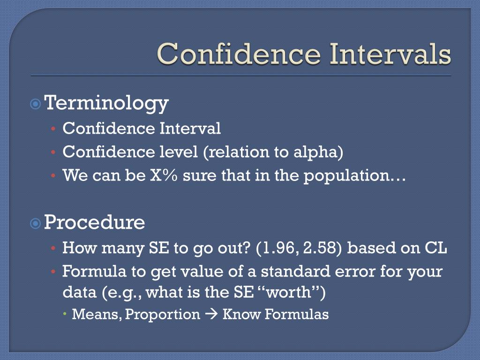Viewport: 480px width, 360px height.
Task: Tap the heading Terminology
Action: coord(106,103)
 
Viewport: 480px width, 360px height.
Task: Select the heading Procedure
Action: coord(95,222)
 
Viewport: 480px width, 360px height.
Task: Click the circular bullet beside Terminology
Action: coord(36,104)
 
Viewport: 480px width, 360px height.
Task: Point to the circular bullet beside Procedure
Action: coord(36,224)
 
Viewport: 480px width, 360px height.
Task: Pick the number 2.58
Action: coord(320,248)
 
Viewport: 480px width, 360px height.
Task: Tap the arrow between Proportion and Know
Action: coord(211,315)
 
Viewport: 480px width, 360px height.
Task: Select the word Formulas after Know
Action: coord(297,315)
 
